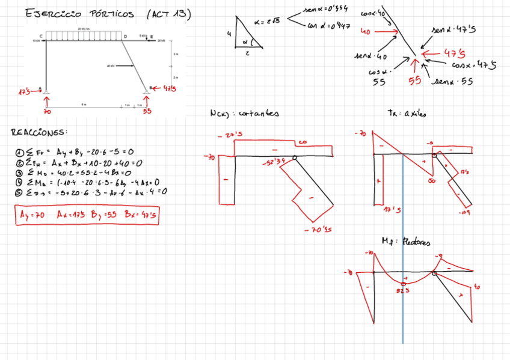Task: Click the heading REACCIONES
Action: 39,132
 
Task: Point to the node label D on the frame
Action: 125,37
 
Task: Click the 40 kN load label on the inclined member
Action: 110,66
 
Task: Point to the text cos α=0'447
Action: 328,26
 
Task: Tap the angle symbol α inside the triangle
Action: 246,43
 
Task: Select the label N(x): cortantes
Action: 244,112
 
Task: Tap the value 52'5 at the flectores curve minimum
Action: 403,290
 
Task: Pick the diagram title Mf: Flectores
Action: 406,242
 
